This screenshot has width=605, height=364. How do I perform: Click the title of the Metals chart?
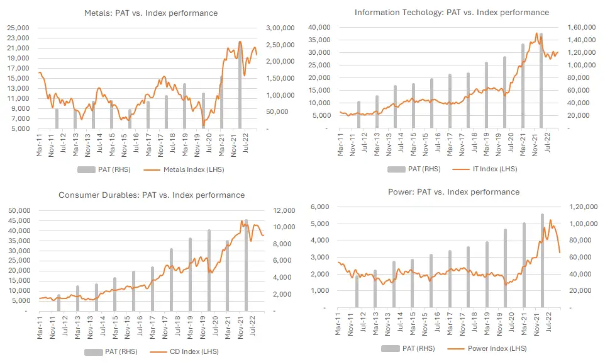(x=151, y=13)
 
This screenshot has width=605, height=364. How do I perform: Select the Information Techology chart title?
(x=452, y=13)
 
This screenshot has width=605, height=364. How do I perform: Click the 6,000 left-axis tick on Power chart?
(x=322, y=207)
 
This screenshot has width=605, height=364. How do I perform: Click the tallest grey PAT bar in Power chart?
(x=542, y=261)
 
